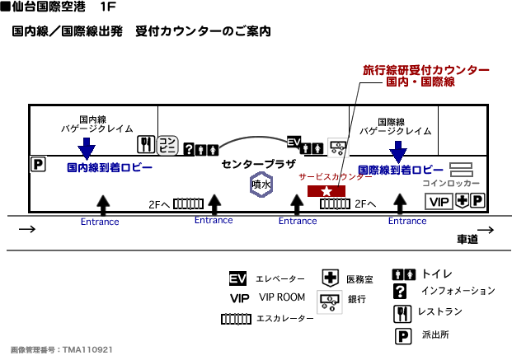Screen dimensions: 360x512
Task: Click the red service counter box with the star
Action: [x=326, y=191]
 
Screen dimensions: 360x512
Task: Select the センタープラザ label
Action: [x=258, y=164]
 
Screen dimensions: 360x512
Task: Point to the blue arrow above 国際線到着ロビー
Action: [x=398, y=151]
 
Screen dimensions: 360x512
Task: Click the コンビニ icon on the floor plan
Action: [x=168, y=145]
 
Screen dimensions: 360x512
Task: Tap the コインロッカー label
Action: [x=450, y=183]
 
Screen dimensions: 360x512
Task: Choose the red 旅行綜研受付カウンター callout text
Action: [x=425, y=71]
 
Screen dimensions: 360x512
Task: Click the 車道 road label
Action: [x=467, y=239]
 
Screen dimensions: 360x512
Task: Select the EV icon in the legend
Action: [x=238, y=278]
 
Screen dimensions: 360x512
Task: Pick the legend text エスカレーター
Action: [x=284, y=318]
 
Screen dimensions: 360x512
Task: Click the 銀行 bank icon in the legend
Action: [x=330, y=302]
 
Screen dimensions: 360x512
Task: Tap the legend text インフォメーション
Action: [x=458, y=291]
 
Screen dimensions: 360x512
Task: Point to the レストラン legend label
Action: [x=439, y=312]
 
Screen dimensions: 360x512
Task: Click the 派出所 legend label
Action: [x=434, y=336]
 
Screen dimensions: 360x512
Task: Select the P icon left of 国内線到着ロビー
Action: [x=37, y=165]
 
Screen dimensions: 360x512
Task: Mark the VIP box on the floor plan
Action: [x=440, y=201]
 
